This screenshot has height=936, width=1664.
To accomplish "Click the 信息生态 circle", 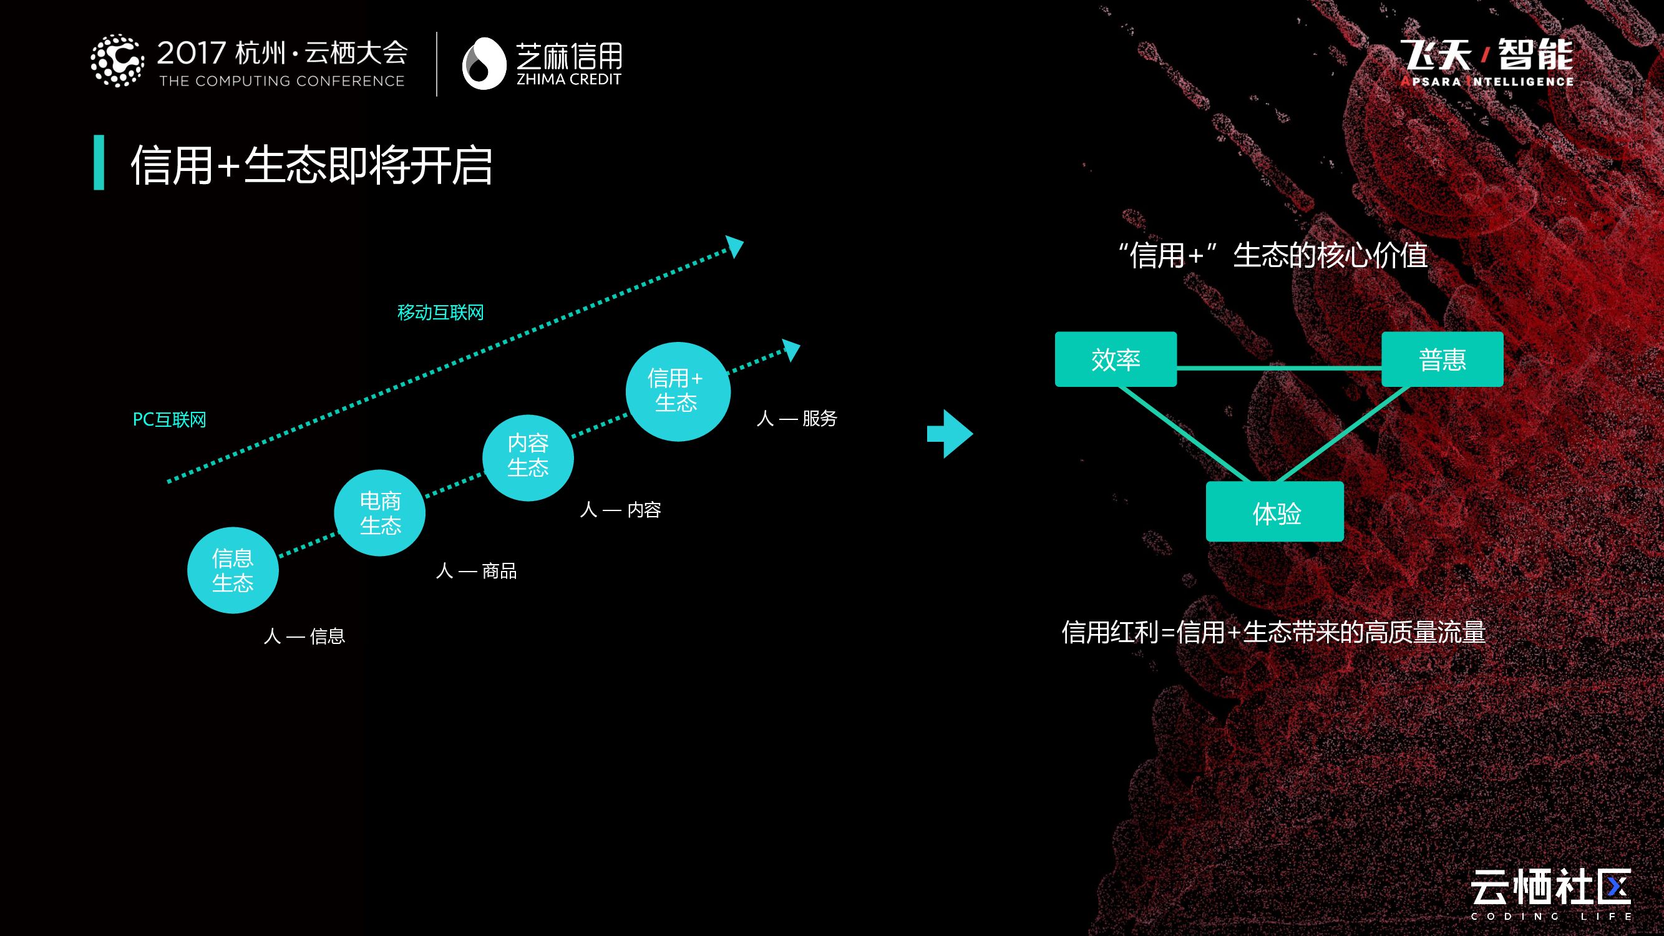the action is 233,570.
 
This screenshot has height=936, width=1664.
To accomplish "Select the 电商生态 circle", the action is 380,513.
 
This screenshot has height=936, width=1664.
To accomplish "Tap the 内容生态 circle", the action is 528,457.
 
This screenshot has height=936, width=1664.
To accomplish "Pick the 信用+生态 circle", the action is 678,391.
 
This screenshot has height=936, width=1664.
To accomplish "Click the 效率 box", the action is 1116,359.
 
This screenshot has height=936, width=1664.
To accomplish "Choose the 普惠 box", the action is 1442,359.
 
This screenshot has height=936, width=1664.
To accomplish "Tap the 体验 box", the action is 1275,512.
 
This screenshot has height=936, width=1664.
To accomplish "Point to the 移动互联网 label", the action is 440,313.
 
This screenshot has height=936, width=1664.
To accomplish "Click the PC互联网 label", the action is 169,420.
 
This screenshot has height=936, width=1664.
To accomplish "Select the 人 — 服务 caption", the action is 797,419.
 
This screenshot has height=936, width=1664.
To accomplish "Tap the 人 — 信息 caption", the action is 304,636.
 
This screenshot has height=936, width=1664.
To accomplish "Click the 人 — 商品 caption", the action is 476,571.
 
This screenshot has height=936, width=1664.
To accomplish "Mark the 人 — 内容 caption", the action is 620,510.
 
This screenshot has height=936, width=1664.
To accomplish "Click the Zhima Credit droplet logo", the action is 483,63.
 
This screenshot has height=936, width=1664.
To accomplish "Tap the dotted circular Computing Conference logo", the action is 117,61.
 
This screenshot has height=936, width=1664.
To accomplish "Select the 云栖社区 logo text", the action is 1550,887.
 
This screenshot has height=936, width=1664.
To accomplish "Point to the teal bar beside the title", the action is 99,162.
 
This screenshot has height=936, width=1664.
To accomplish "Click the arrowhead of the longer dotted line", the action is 735,245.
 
